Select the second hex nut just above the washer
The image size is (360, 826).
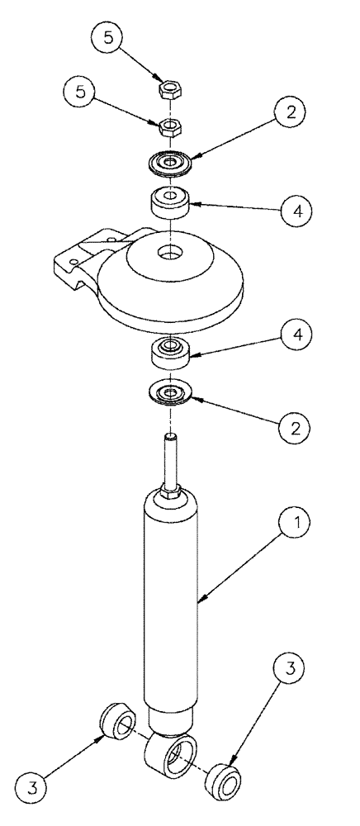169,127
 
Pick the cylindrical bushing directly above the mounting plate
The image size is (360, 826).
169,201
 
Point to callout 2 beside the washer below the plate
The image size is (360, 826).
288,428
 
